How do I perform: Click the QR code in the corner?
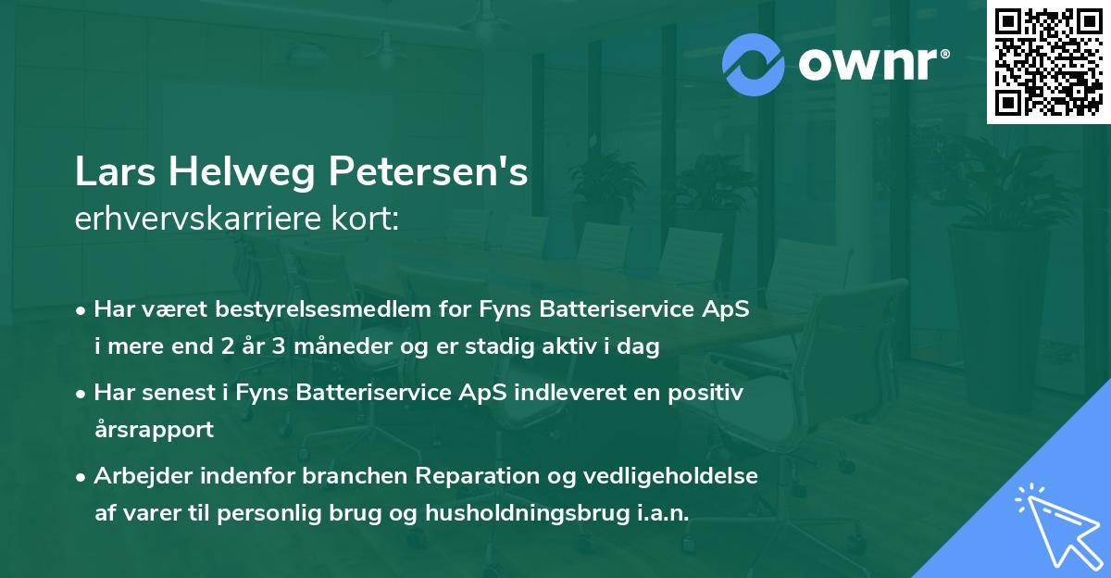pos(1049,61)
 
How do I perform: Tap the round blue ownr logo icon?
pos(753,65)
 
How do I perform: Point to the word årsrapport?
pos(154,430)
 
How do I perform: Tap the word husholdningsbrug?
pos(515,513)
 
